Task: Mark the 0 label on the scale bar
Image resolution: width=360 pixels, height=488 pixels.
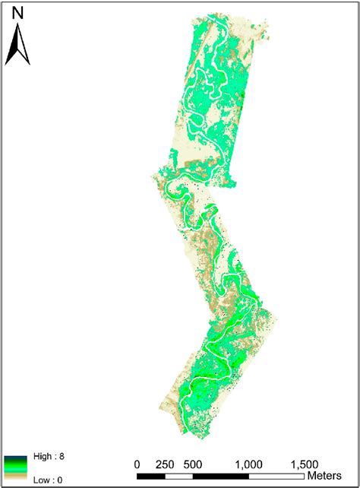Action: [x=137, y=464]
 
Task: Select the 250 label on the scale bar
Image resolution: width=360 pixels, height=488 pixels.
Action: [x=165, y=464]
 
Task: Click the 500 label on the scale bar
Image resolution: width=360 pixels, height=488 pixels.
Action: [x=192, y=464]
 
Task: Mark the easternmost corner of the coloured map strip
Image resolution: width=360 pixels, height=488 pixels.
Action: [x=279, y=320]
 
